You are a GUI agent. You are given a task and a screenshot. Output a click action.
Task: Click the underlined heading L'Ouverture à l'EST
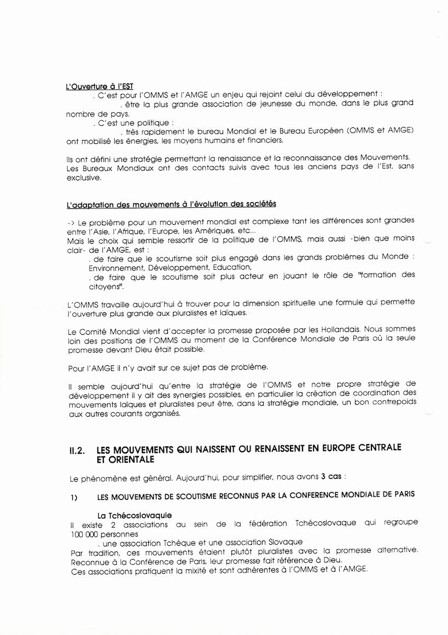(x=99, y=86)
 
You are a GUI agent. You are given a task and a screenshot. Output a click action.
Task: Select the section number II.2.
(x=77, y=451)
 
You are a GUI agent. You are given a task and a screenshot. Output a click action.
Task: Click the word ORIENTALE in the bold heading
(x=124, y=460)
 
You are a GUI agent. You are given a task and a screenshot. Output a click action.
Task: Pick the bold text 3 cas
(x=331, y=476)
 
